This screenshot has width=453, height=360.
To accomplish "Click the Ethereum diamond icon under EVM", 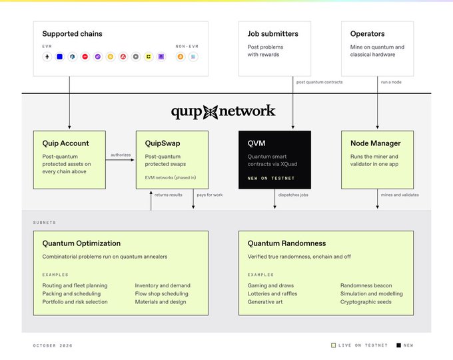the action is (47, 57).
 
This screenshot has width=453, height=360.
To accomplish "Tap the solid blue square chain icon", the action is (60, 57).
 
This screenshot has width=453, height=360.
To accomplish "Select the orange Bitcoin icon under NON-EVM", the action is (181, 57).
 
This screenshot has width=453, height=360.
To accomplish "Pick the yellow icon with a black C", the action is (149, 57).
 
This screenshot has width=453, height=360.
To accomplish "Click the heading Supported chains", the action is (72, 34).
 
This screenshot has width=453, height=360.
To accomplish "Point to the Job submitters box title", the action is (272, 34).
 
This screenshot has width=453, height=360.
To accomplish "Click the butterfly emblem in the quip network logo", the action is (211, 112).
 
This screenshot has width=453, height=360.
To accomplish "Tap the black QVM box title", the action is (256, 143).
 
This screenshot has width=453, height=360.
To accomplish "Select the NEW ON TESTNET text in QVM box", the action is (271, 179).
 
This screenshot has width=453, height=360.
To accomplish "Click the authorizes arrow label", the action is (121, 155).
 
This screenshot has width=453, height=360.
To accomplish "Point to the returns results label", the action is (168, 195).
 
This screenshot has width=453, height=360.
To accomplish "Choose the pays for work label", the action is (210, 195).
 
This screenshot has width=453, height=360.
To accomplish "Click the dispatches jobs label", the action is (293, 195).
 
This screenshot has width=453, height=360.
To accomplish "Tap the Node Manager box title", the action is (375, 143).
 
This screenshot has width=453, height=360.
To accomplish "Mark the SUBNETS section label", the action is (45, 223).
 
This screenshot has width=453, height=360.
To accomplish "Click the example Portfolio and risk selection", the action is (75, 302).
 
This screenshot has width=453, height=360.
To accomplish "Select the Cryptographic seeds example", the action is (366, 302).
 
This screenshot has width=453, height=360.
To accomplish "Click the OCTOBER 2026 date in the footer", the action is (53, 345).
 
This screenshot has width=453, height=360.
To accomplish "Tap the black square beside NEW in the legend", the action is (398, 345).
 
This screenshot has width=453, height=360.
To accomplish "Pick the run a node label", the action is (391, 82).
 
